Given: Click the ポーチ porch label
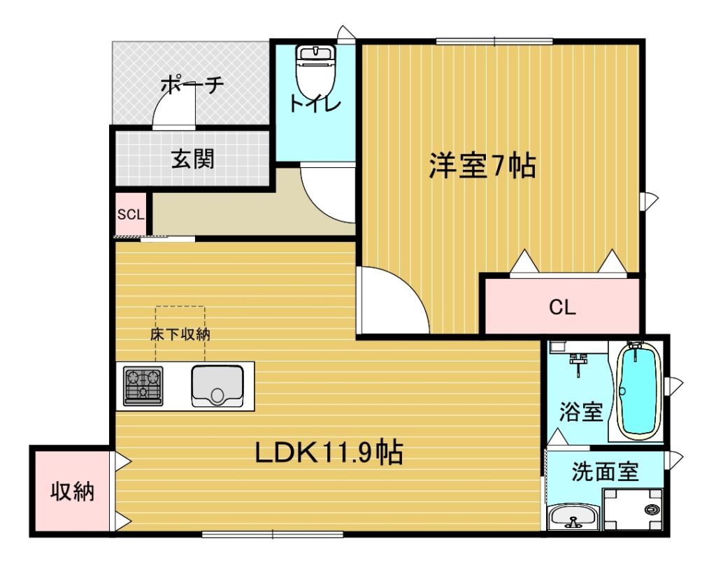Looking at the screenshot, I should coord(192,85).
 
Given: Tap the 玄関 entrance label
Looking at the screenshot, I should coord(192,159).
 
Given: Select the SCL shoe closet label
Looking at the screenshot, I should coord(131,214).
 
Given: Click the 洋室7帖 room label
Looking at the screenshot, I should coord(482,167).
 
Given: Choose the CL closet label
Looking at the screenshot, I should coord(562,308).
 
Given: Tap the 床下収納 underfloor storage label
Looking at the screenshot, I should coord(180,334).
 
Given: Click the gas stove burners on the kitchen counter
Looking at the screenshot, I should coord(143,385).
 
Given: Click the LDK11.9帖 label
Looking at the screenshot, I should coord(328,453).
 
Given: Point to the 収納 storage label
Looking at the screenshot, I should coord(72,492).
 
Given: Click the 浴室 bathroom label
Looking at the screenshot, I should coord(580,412).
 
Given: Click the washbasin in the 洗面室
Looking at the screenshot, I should coord(573,518).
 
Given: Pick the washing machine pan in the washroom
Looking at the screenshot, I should coord(632,510).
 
